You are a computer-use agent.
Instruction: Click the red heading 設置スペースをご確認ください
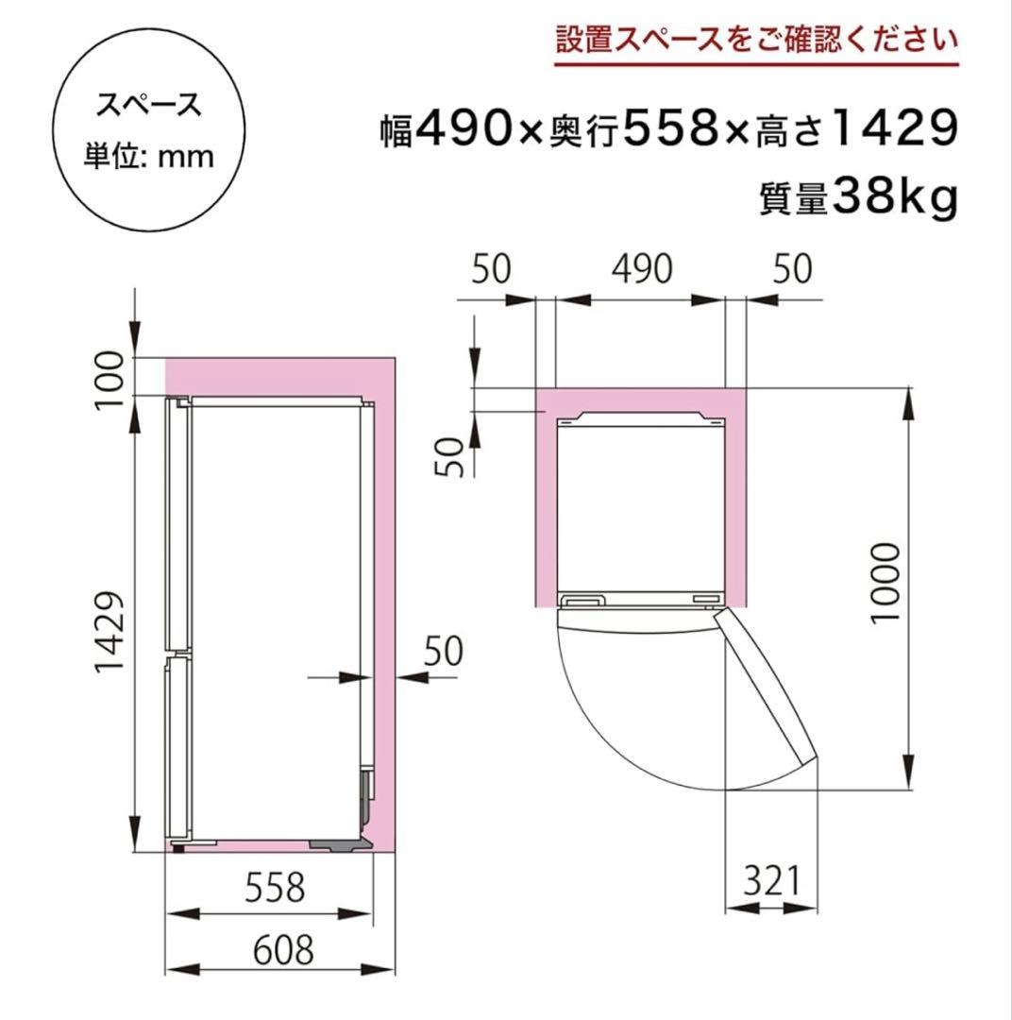tap(755, 42)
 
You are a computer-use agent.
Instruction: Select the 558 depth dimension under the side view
tap(275, 887)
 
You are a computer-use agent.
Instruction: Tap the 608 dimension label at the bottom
tap(275, 950)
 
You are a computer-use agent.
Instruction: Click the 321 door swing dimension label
tap(770, 881)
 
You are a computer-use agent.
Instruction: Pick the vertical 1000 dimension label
tap(885, 583)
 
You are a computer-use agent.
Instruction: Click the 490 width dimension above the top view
tap(640, 269)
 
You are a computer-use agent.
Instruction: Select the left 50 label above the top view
tap(491, 269)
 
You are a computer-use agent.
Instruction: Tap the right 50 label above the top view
tap(792, 269)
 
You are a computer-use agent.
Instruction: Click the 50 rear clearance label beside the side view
tap(443, 651)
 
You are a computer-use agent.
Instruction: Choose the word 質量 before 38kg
tap(793, 199)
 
